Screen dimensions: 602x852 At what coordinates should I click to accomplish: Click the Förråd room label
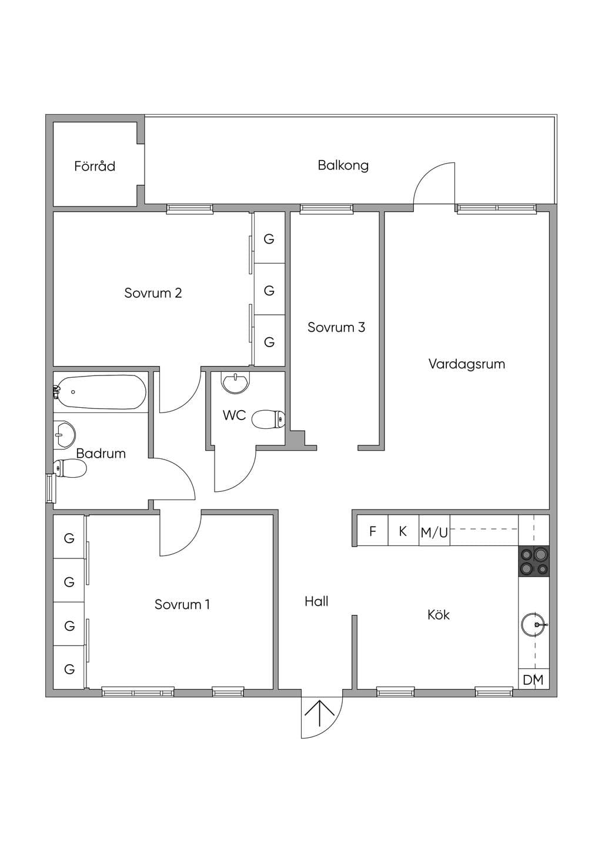pos(95,166)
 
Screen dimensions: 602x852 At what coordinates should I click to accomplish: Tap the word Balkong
pos(343,165)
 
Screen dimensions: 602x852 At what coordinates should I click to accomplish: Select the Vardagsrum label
pos(467,364)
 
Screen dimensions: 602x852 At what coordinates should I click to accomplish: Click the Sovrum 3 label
pos(336,327)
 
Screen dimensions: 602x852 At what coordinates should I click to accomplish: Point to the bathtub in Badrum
pos(99,392)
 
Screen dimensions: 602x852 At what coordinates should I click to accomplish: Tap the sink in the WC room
pos(236,382)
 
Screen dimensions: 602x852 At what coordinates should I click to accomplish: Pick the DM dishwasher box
pos(534,679)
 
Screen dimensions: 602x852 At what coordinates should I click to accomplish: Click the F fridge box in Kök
pos(373,531)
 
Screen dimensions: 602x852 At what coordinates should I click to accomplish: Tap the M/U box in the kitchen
pos(434,531)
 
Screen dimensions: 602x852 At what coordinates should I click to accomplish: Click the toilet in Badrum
pos(70,468)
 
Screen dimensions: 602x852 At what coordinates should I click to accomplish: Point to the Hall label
pos(317,601)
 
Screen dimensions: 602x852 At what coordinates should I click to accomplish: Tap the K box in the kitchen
pos(404,531)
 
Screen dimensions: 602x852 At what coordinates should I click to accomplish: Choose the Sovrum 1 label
pos(182,604)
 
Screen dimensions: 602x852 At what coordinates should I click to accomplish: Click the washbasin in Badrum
pos(64,434)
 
